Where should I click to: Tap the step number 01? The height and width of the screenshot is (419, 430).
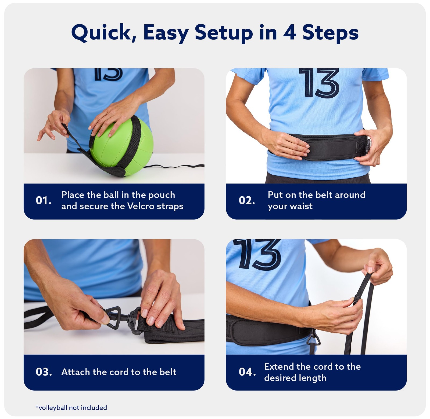[44, 200]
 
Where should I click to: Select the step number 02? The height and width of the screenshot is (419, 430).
[247, 200]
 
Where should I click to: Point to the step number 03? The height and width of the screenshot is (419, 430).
[44, 372]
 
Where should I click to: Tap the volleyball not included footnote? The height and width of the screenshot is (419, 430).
[71, 408]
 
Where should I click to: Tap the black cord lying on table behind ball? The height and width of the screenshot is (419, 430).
[175, 167]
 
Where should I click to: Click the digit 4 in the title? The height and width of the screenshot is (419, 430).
[289, 33]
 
